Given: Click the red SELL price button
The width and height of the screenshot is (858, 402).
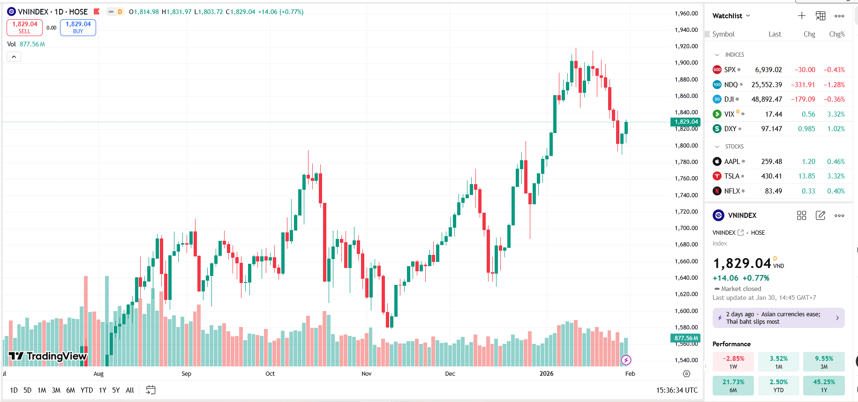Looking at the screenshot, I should [24, 27].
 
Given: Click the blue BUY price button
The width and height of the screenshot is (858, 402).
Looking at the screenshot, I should [78, 27].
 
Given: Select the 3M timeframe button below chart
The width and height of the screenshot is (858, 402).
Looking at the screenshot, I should [56, 390].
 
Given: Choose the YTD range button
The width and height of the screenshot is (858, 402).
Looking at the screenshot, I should [86, 390].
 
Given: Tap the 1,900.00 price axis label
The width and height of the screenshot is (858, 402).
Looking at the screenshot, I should [686, 63].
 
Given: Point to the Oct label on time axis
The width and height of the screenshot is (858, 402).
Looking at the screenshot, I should [270, 373].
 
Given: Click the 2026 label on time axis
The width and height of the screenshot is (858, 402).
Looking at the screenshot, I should [546, 373].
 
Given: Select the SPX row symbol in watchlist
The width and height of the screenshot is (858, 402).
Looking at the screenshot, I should [730, 70].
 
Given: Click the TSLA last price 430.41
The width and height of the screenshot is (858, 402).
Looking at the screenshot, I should [771, 176].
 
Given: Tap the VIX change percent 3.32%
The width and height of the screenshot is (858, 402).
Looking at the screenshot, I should [835, 114].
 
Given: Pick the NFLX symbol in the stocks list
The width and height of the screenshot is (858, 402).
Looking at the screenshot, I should [731, 191].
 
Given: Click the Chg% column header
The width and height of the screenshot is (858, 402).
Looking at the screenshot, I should [836, 34].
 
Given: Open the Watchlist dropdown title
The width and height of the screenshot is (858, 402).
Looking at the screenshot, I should [731, 16].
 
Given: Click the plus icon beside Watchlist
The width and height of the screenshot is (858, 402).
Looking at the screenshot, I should [802, 16].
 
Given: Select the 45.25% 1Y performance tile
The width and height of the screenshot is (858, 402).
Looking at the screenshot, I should [823, 385].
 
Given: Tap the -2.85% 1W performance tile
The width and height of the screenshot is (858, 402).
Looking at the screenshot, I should [733, 362].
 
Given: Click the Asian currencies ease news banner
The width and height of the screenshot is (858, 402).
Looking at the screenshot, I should [778, 318].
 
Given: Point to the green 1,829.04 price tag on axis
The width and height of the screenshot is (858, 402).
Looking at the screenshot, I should [686, 122].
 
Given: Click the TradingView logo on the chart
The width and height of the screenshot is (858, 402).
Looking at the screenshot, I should [48, 356].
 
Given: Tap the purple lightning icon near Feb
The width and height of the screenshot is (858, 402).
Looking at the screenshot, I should [626, 360].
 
